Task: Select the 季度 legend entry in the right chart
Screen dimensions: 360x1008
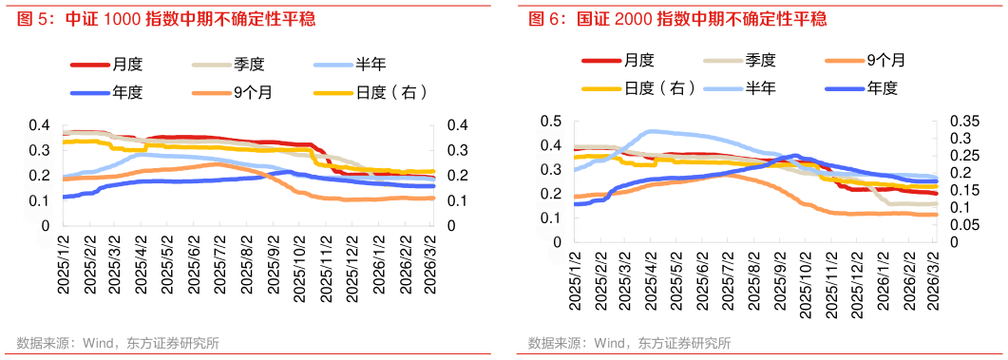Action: [761, 60]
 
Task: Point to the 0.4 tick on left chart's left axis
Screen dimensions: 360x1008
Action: [38, 125]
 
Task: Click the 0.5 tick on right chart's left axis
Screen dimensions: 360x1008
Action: [549, 122]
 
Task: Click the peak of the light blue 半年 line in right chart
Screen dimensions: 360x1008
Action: [652, 131]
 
